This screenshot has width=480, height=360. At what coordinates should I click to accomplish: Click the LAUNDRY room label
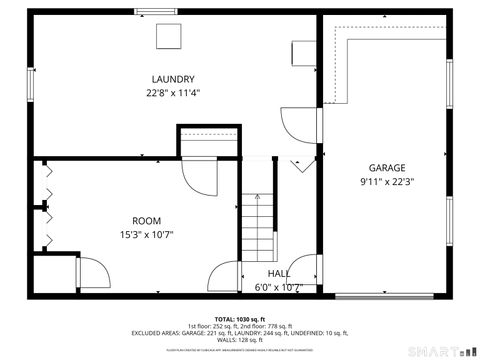tap(172, 80)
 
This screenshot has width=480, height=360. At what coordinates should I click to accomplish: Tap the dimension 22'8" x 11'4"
tap(172, 93)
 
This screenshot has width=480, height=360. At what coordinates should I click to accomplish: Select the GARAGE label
tap(385, 168)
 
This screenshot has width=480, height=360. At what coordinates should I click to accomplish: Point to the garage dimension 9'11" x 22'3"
tap(385, 182)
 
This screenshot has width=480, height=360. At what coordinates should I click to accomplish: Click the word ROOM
tap(146, 221)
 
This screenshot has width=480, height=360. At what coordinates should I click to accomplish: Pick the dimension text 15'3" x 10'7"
tap(146, 235)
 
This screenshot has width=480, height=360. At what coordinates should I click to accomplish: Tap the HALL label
tap(279, 273)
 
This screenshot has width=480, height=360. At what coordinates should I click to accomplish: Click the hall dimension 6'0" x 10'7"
tap(279, 287)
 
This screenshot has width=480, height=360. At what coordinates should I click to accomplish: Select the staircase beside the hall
tap(259, 225)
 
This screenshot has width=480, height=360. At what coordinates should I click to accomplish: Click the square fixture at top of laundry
tap(168, 36)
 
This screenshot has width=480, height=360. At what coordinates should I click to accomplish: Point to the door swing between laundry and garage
tap(296, 124)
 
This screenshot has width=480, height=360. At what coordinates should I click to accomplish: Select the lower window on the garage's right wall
tap(451, 225)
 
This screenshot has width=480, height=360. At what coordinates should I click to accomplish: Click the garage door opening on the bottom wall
tap(376, 297)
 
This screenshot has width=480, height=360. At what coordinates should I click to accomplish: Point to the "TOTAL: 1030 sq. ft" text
tap(239, 317)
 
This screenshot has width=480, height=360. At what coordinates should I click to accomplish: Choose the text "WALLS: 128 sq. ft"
tap(240, 340)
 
